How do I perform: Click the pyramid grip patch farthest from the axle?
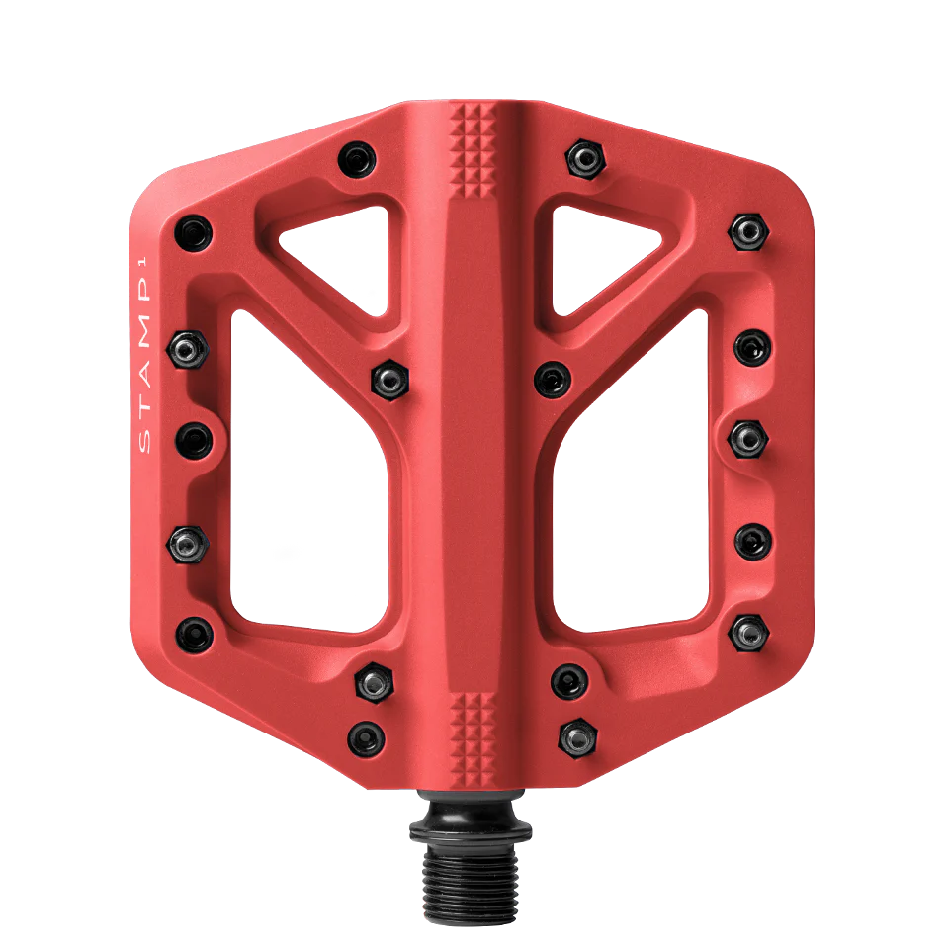tap(474, 148)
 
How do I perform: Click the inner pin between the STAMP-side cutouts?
tap(389, 378)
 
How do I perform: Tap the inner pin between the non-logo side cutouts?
tap(552, 377)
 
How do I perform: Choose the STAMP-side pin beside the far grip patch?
tap(357, 157)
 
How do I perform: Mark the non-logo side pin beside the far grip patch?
tap(584, 156)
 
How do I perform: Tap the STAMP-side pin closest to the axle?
tap(367, 736)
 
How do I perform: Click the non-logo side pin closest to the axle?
tap(577, 734)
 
